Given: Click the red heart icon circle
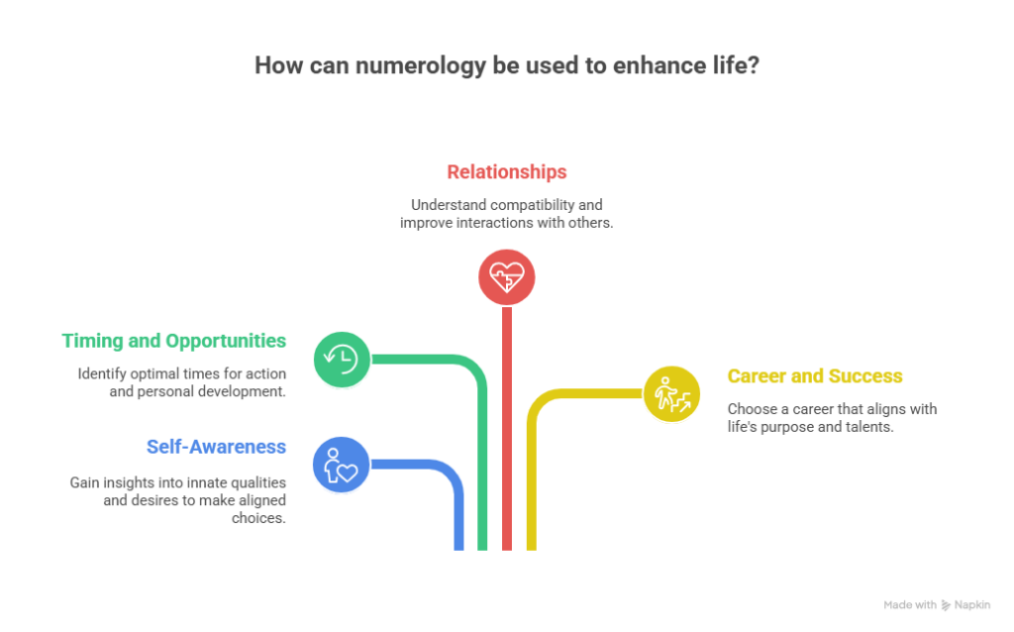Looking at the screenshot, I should pos(506,276).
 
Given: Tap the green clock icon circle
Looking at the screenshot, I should pos(341,358).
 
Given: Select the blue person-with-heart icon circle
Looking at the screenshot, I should pos(341,464).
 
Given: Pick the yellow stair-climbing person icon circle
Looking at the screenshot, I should pos(671,393).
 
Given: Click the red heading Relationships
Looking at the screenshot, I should pos(506,171).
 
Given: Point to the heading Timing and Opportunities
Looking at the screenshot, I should pos(174,341).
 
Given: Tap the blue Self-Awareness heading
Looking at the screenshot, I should pos(216,446).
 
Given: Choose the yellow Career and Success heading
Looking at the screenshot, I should pos(814,376).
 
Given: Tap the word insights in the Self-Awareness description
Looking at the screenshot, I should pos(132,482).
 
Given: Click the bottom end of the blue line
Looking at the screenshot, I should pos(458,547).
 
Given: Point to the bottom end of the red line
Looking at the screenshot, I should pos(506,547).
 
